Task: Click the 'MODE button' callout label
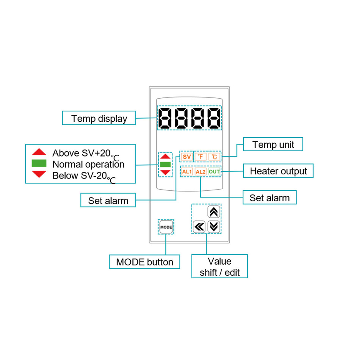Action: [144, 262]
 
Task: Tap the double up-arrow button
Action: [214, 212]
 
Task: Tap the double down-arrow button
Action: [214, 226]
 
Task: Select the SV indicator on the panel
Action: [187, 156]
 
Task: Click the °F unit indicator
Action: [200, 156]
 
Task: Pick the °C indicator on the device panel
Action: [214, 156]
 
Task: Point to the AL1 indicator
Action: [187, 171]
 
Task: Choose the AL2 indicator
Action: [201, 171]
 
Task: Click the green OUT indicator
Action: [214, 171]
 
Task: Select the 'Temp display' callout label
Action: [99, 118]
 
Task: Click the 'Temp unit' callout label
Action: [273, 144]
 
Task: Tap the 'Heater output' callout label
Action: [278, 171]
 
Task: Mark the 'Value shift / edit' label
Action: [220, 267]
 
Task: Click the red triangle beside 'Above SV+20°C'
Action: [39, 152]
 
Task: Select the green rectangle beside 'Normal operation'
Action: [39, 163]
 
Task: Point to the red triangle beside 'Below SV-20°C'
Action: [39, 174]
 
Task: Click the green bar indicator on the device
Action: [165, 165]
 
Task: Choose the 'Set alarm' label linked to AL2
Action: [269, 198]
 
